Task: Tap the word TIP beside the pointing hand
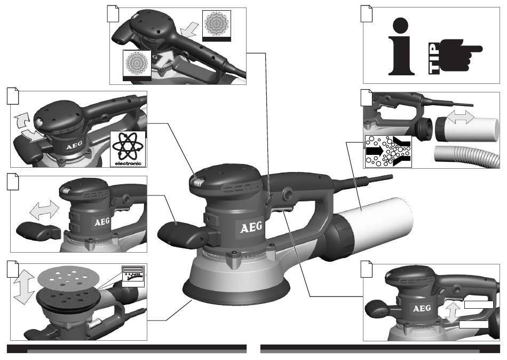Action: [434, 58]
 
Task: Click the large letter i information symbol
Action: [401, 46]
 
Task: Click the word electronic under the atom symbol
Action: [128, 163]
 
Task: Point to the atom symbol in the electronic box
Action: [128, 146]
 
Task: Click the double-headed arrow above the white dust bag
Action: [461, 116]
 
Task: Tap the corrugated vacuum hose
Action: [465, 156]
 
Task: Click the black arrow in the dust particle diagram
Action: [374, 151]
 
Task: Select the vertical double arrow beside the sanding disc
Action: [24, 287]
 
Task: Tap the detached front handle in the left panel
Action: [38, 232]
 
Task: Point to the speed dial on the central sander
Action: [197, 182]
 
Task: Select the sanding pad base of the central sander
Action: [236, 289]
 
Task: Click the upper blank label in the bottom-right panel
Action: [479, 304]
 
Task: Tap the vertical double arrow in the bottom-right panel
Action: [452, 312]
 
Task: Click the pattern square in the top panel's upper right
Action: [217, 26]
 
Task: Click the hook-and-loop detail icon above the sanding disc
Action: [133, 276]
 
